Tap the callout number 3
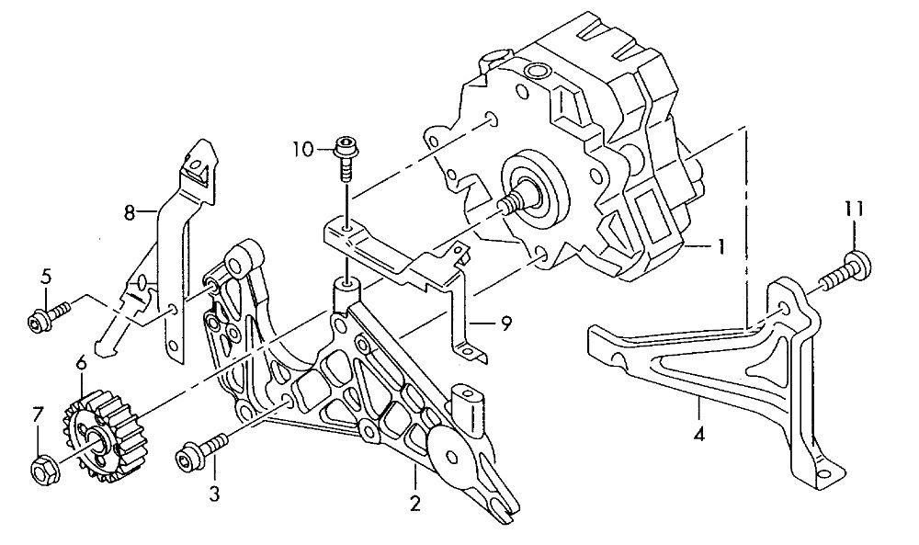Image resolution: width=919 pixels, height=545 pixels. click(x=214, y=494)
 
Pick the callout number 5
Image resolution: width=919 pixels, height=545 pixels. click(x=44, y=276)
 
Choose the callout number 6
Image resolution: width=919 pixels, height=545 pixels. click(x=81, y=364)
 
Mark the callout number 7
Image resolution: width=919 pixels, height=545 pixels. click(x=38, y=414)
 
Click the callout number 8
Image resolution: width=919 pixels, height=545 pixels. click(x=130, y=212)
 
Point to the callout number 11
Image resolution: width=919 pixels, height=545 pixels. click(x=855, y=210)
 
